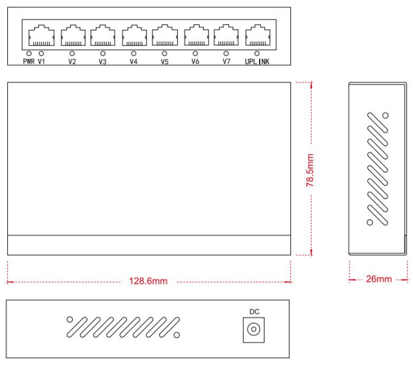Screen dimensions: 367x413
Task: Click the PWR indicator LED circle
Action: pos(29,54)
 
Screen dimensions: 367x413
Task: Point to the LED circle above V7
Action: pos(226,54)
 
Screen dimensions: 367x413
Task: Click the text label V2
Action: pos(72,62)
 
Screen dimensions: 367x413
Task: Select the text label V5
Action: pos(164,62)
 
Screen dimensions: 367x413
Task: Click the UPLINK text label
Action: pos(257,62)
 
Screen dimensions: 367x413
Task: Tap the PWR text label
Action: pos(28,62)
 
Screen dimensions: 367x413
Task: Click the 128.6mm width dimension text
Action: pos(148,282)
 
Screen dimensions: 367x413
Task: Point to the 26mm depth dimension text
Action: pos(379,280)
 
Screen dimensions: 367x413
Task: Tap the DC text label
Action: pos(254,312)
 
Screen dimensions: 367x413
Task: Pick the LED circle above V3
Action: pos(103,54)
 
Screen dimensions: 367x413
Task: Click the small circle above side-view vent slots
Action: pos(385,115)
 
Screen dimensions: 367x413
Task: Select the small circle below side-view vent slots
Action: pos(370,223)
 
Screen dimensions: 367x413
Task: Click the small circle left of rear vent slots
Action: pos(70,319)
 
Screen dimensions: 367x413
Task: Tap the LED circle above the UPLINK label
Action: pos(257,54)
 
